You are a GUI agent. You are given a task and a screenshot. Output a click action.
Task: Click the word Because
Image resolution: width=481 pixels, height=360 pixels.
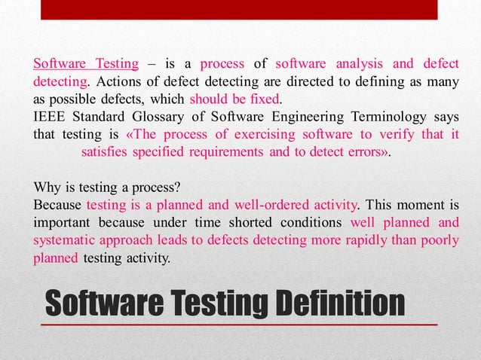(x=57, y=205)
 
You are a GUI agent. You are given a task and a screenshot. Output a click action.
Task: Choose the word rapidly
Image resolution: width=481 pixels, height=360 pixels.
(x=353, y=241)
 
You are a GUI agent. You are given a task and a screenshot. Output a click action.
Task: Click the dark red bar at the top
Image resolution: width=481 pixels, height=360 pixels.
(x=240, y=10)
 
